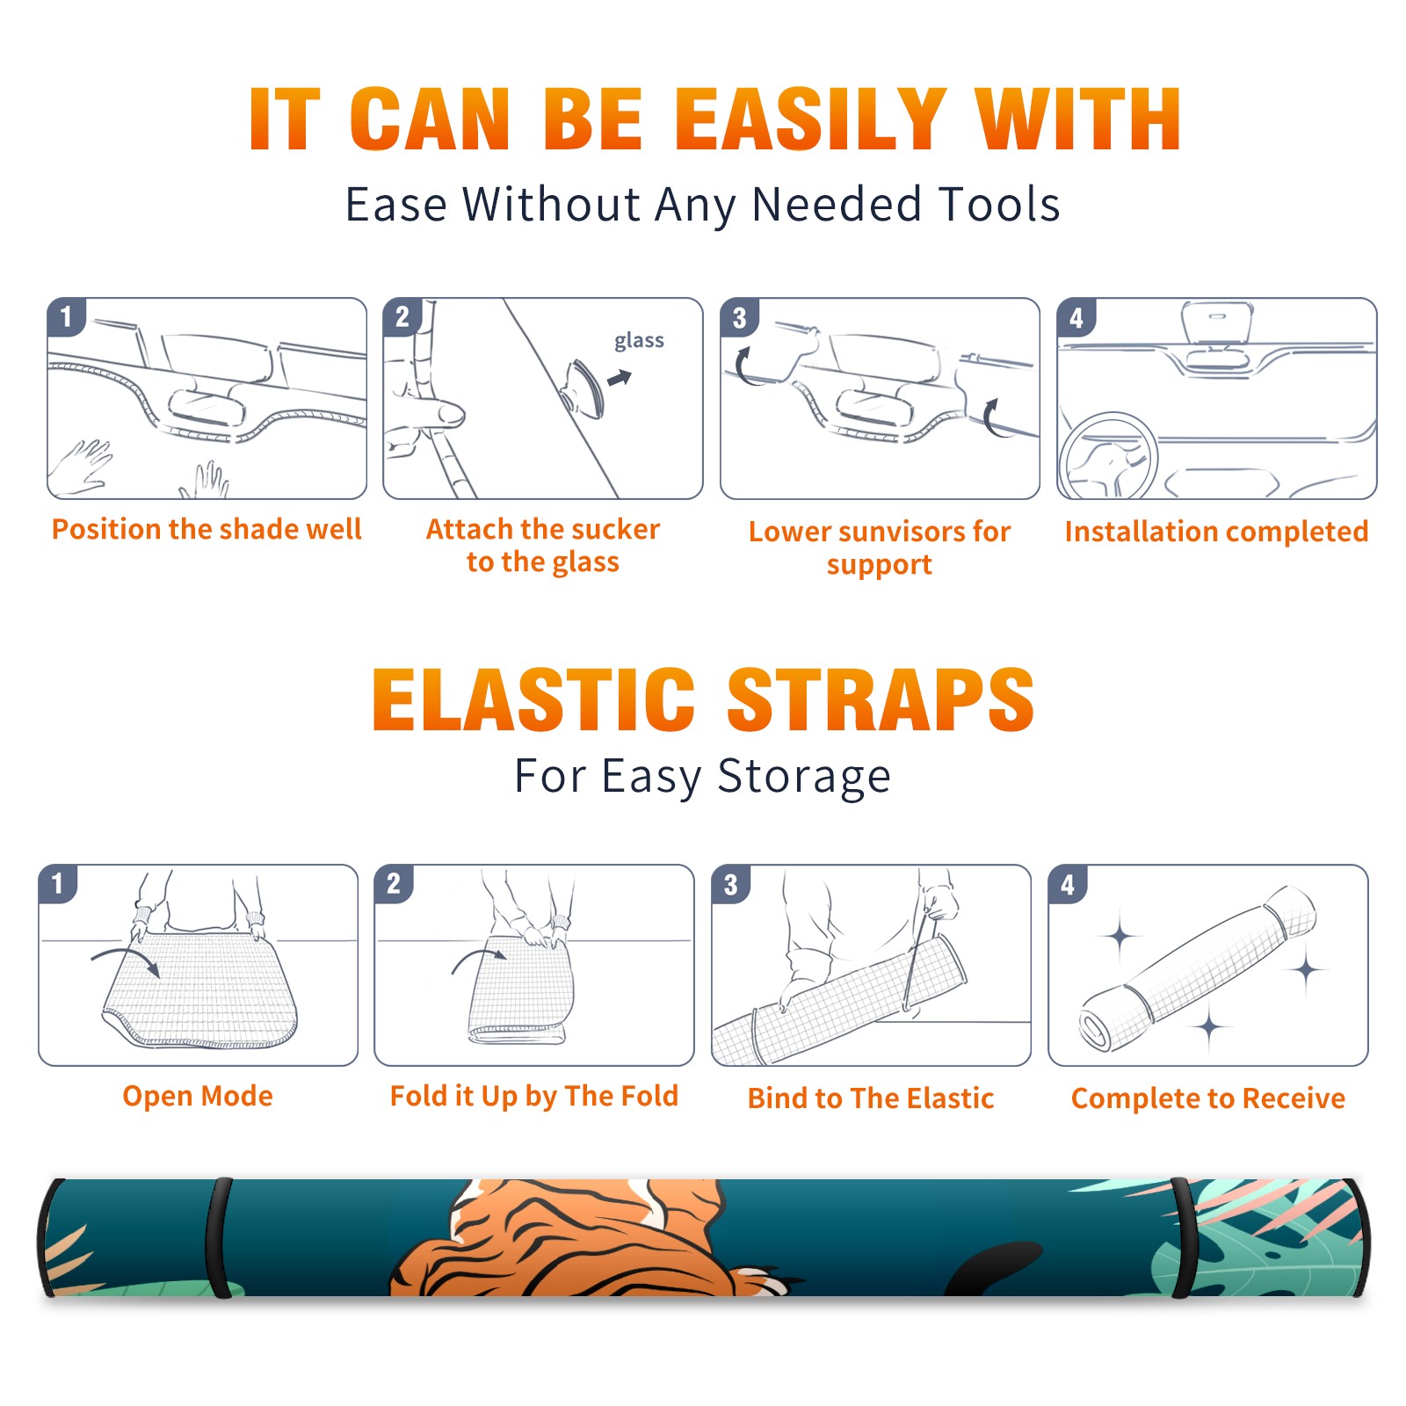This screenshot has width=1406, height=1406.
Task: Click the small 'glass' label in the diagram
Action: coord(639,341)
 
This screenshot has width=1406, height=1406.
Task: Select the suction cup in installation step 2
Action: coord(583,388)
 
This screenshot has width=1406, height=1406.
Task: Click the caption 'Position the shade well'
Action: coord(207,529)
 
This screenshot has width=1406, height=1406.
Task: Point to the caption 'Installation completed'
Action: coord(1216,532)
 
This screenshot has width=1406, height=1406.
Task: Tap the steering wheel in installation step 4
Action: coord(1108,456)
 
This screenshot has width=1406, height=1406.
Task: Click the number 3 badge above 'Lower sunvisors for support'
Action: coord(740,317)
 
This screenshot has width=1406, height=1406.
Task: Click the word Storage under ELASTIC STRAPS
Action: coord(804,778)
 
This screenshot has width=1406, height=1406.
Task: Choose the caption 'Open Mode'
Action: coord(198,1096)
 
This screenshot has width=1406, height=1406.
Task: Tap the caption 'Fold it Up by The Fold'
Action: coord(534,1097)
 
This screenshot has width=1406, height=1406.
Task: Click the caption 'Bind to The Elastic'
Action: coord(871,1098)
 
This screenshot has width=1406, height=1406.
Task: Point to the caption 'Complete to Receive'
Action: coord(1208,1098)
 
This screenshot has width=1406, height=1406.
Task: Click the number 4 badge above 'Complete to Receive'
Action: coord(1068,884)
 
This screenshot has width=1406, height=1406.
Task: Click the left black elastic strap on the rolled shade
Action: coord(219,1237)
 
